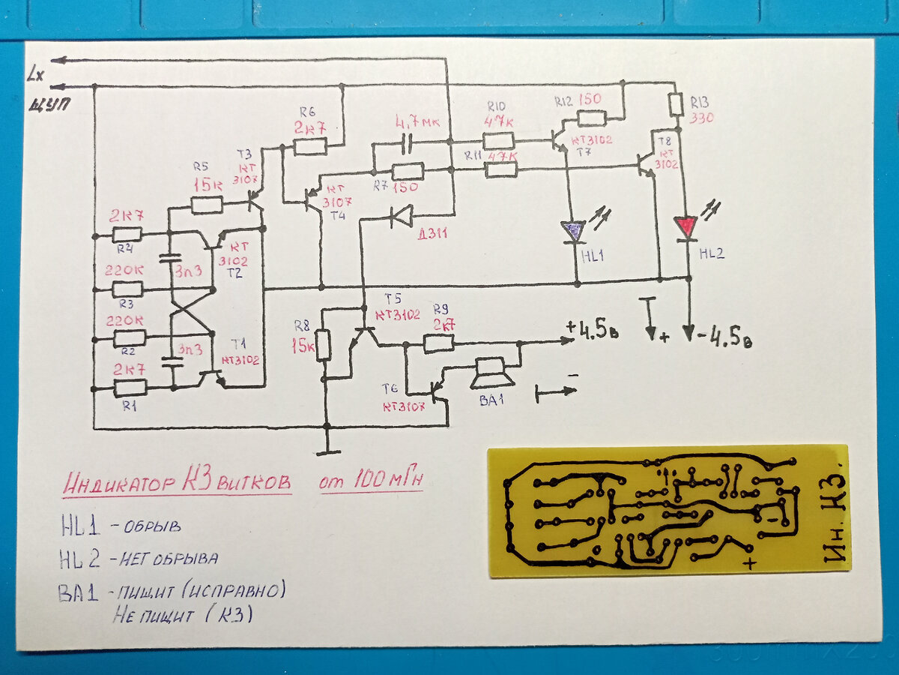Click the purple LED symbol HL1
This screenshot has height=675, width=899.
pyautogui.click(x=574, y=231)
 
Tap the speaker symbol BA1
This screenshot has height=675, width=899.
pyautogui.click(x=488, y=373)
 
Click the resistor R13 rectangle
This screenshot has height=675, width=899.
pyautogui.click(x=676, y=103)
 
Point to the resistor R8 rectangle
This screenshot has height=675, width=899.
pyautogui.click(x=324, y=344)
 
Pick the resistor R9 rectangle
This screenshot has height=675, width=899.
pyautogui.click(x=438, y=343)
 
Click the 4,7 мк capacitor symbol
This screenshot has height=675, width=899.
pyautogui.click(x=408, y=140)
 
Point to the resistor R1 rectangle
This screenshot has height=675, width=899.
pyautogui.click(x=130, y=388)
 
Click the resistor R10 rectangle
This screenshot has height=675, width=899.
pyautogui.click(x=497, y=140)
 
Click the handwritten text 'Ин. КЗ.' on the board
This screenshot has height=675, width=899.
pyautogui.click(x=834, y=510)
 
